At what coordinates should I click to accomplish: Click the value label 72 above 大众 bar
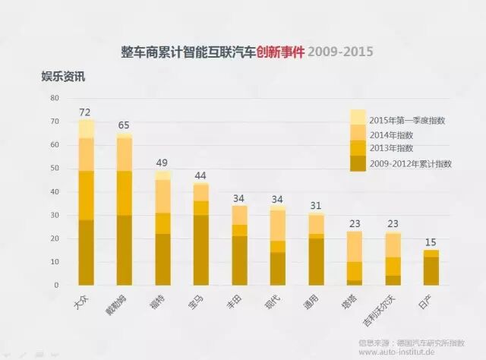(86, 112)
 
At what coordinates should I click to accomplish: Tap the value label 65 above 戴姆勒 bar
(124, 125)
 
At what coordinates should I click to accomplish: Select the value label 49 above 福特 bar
(163, 163)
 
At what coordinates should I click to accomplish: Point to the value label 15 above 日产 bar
(431, 242)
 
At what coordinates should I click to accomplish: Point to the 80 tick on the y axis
(54, 98)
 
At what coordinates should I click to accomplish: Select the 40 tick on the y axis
(54, 191)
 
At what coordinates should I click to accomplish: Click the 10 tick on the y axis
(54, 262)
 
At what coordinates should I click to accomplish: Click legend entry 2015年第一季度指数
(407, 120)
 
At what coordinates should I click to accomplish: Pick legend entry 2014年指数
(392, 134)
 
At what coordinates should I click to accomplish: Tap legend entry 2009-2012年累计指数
(410, 163)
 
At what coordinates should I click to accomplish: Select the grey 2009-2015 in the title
(340, 52)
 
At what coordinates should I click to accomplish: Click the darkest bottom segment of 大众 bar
(86, 252)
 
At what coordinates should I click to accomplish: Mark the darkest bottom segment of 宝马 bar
(200, 250)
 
